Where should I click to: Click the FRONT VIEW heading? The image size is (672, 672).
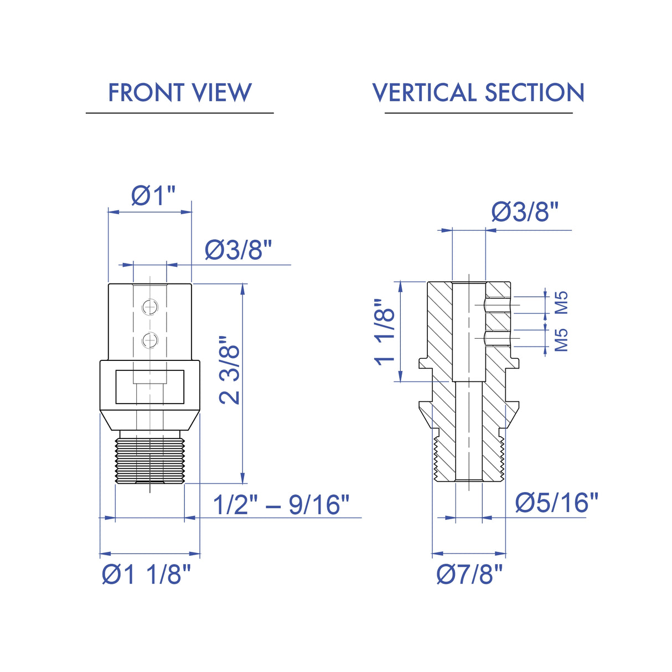click(x=179, y=92)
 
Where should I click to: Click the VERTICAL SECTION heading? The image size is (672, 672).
click(x=478, y=92)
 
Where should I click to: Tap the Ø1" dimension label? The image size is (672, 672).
click(x=153, y=195)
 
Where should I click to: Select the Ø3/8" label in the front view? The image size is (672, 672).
click(x=238, y=250)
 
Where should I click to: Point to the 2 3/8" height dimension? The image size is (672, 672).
click(x=230, y=370)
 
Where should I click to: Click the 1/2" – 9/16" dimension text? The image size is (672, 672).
click(x=281, y=505)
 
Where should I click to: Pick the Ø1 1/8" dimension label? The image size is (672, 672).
click(x=147, y=575)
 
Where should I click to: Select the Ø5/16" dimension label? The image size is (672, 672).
click(x=557, y=503)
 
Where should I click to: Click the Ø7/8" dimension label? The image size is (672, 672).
click(x=470, y=575)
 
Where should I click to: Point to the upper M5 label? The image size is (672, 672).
click(x=561, y=303)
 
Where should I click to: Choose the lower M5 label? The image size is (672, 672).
click(x=561, y=340)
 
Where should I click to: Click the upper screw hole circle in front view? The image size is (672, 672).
click(x=150, y=307)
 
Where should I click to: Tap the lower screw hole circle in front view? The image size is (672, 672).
click(x=150, y=340)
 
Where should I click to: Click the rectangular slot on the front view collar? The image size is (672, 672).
click(x=150, y=387)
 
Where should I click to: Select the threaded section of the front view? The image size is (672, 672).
click(x=150, y=461)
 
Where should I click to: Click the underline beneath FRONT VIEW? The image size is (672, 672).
click(x=179, y=113)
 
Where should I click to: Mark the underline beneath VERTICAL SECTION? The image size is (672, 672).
click(x=479, y=113)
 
